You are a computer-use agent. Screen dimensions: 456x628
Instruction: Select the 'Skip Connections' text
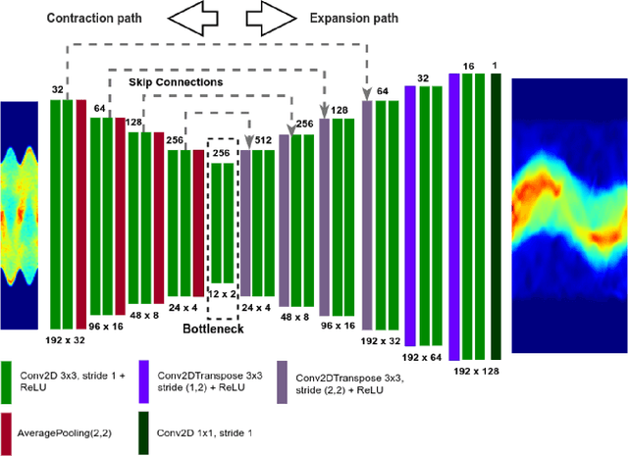176,83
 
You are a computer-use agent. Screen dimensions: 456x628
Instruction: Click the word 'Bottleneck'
213,329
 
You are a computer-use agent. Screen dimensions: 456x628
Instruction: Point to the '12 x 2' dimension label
224,292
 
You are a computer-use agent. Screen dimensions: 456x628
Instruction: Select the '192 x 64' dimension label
423,358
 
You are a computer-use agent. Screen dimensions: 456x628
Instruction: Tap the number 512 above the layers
263,140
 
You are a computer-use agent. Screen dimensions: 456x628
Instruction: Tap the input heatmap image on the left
19,215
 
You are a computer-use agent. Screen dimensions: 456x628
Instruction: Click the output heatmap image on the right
570,189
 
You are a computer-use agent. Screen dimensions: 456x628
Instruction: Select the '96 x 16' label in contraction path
107,325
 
